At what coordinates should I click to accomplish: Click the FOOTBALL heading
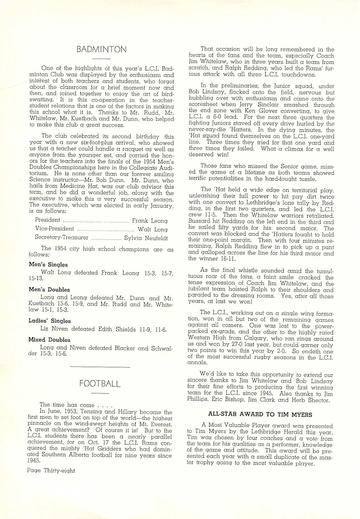point(100,383)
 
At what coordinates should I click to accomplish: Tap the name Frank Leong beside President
point(150,221)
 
